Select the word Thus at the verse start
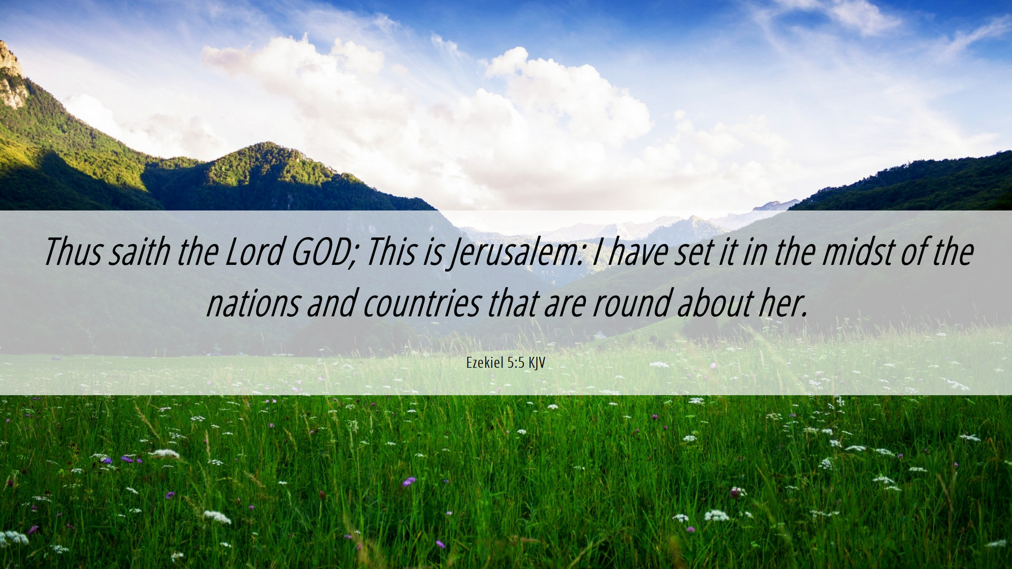(72, 252)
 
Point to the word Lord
(254, 252)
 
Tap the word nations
(252, 303)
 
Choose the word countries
(421, 303)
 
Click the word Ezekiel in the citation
(484, 362)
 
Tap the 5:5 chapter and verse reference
(516, 362)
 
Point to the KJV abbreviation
(537, 363)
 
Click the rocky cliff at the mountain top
(12, 74)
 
